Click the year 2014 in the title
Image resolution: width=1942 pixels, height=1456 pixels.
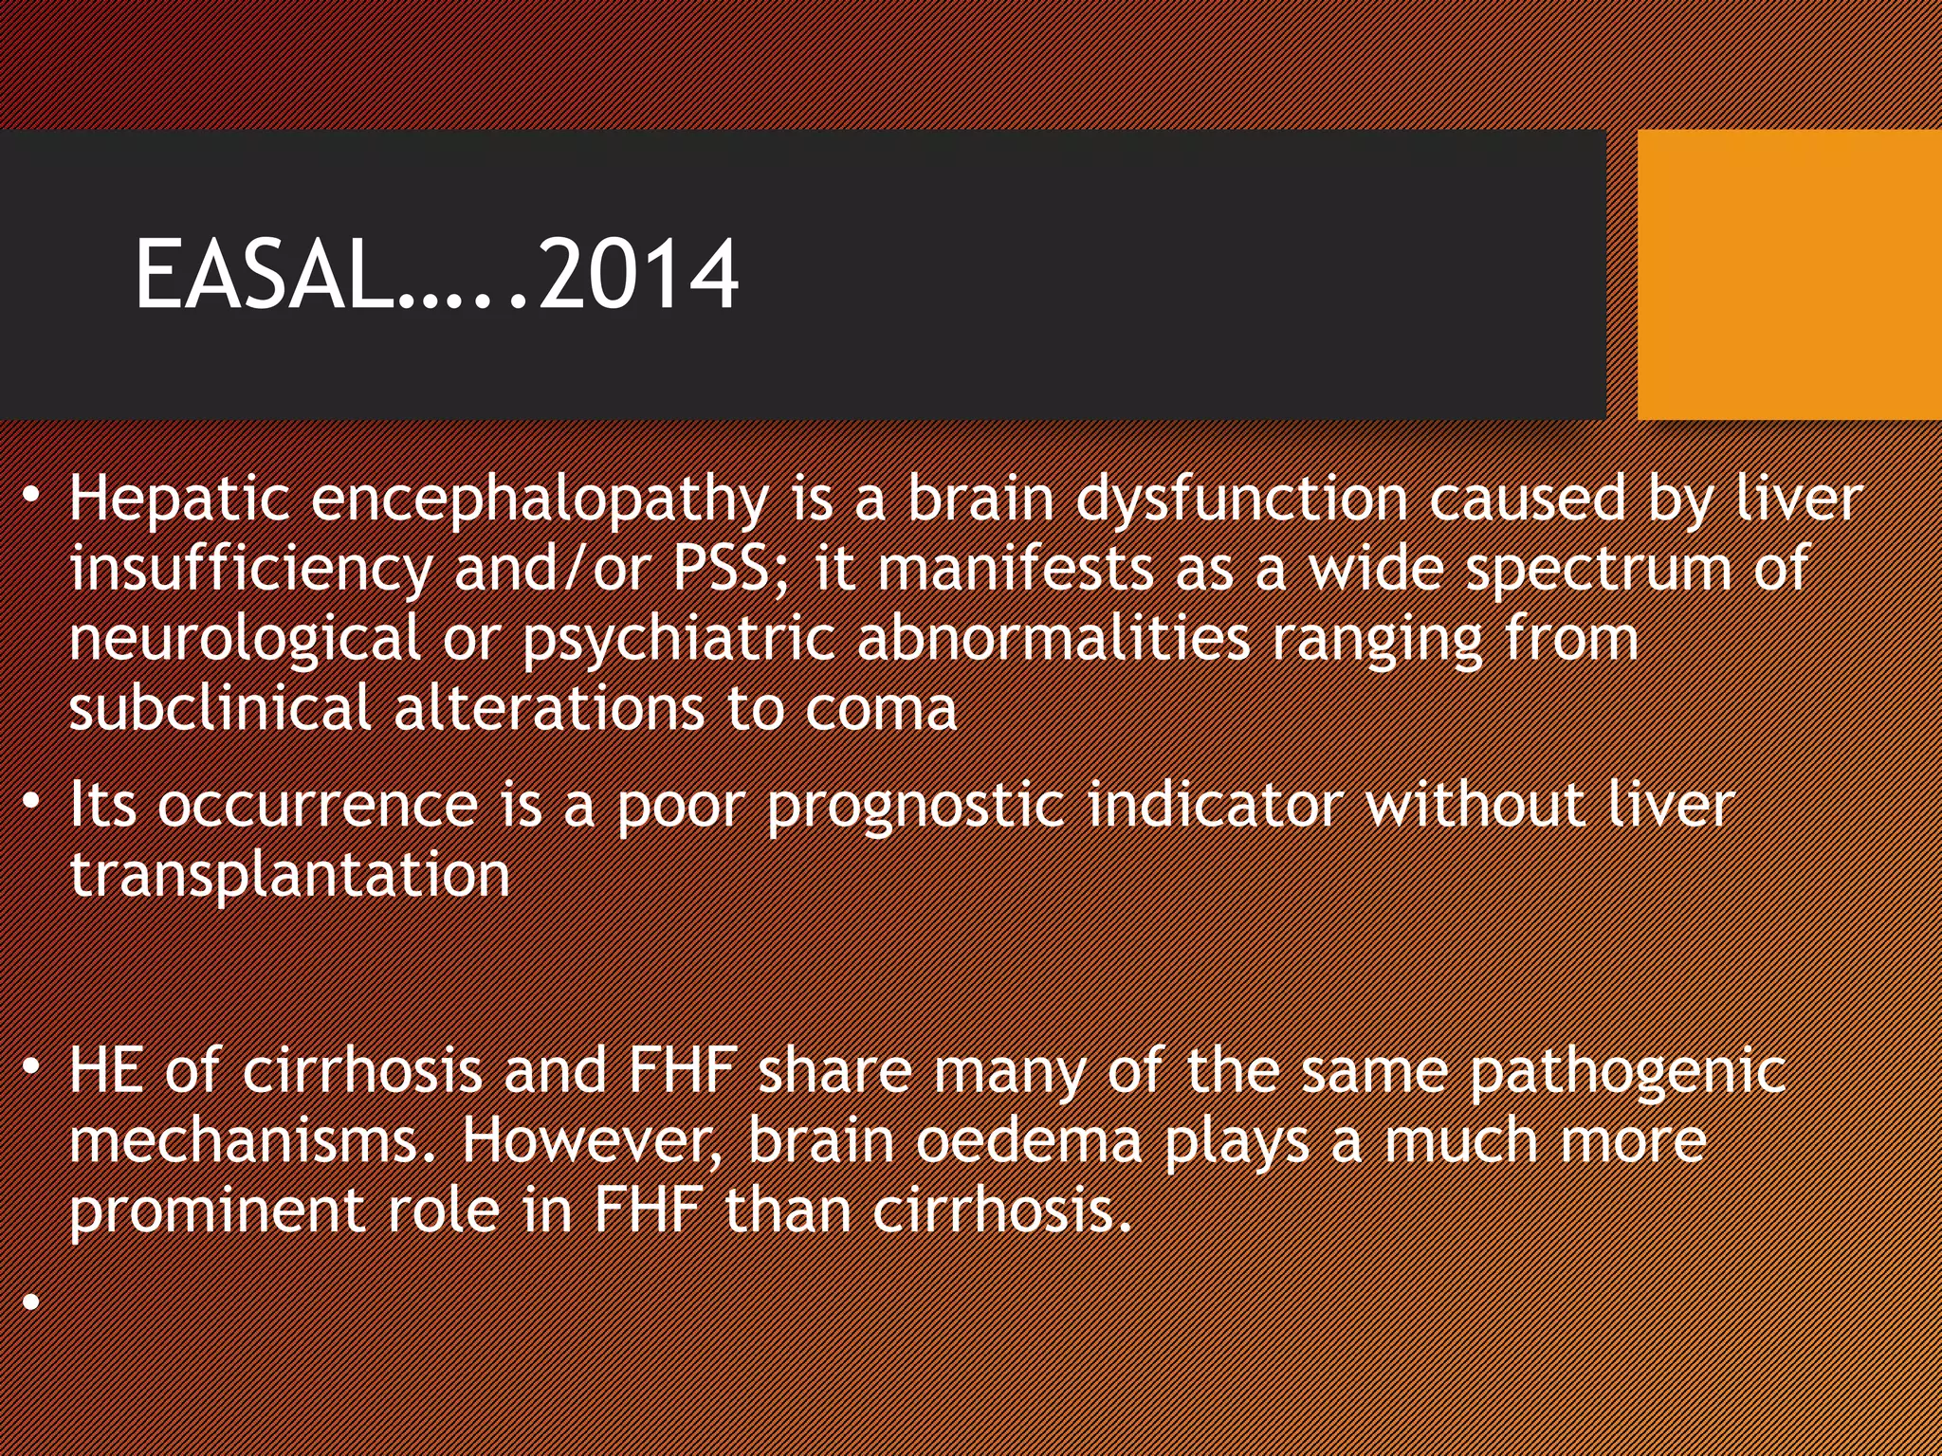(637, 275)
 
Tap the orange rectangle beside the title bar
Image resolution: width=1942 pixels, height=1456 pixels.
(1788, 275)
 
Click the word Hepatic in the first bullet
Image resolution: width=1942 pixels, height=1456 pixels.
(178, 500)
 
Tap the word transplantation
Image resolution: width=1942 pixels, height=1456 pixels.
(290, 876)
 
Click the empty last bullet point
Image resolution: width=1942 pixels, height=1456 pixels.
(32, 1302)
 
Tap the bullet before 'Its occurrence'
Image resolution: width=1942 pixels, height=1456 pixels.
(32, 802)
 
